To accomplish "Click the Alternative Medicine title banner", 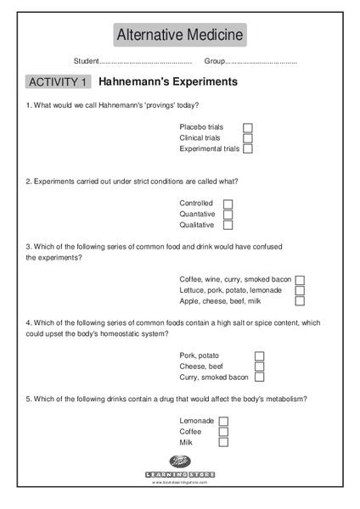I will click(x=180, y=35).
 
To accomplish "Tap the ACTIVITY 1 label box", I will click(x=58, y=82).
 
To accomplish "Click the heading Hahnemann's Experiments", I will click(x=168, y=82).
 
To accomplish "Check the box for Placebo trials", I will click(x=248, y=127).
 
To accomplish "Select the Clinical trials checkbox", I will click(x=248, y=138).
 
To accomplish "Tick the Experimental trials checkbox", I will click(x=248, y=149).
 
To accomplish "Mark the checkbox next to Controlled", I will click(x=228, y=204).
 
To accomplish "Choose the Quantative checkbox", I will click(x=228, y=215).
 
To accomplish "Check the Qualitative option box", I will click(x=228, y=226).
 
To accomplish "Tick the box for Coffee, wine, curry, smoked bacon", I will click(x=300, y=279).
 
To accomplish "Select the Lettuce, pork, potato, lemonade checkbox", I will click(x=300, y=290).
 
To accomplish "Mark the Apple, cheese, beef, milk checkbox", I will click(x=300, y=301).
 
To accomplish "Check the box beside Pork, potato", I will click(x=259, y=355).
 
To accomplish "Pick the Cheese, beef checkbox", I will click(x=259, y=366).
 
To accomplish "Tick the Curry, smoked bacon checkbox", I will click(x=259, y=378).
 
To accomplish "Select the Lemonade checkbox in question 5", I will click(x=223, y=421).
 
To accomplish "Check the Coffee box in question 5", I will click(x=223, y=432).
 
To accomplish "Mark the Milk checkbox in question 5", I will click(x=223, y=443).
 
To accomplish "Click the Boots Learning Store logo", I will click(x=180, y=467).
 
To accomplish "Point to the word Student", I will click(x=87, y=61).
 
